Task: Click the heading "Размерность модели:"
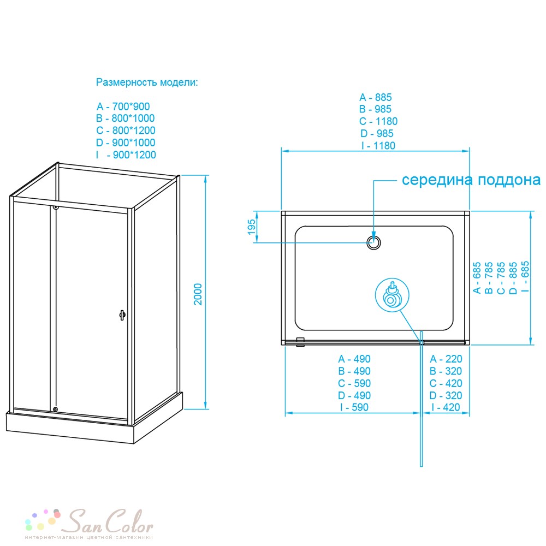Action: pos(146,82)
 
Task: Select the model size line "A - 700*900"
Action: pos(123,106)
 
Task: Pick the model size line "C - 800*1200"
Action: pos(126,130)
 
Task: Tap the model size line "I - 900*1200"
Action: pos(126,155)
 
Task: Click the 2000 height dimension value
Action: pos(198,294)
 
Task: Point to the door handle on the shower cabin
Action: pos(122,315)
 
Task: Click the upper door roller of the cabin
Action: pos(55,207)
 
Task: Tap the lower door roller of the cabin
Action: pos(55,410)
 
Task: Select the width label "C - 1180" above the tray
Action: pos(378,121)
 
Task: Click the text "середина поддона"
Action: pos(471,180)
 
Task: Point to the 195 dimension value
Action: pos(252,227)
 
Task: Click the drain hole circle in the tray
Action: pos(373,243)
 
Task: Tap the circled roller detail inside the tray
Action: pos(392,295)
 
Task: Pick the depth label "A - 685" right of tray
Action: pos(477,278)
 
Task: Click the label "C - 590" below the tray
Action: pos(354,383)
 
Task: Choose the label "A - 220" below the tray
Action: pos(446,359)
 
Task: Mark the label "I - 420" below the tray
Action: pos(446,407)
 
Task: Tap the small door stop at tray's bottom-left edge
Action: pos(300,342)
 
